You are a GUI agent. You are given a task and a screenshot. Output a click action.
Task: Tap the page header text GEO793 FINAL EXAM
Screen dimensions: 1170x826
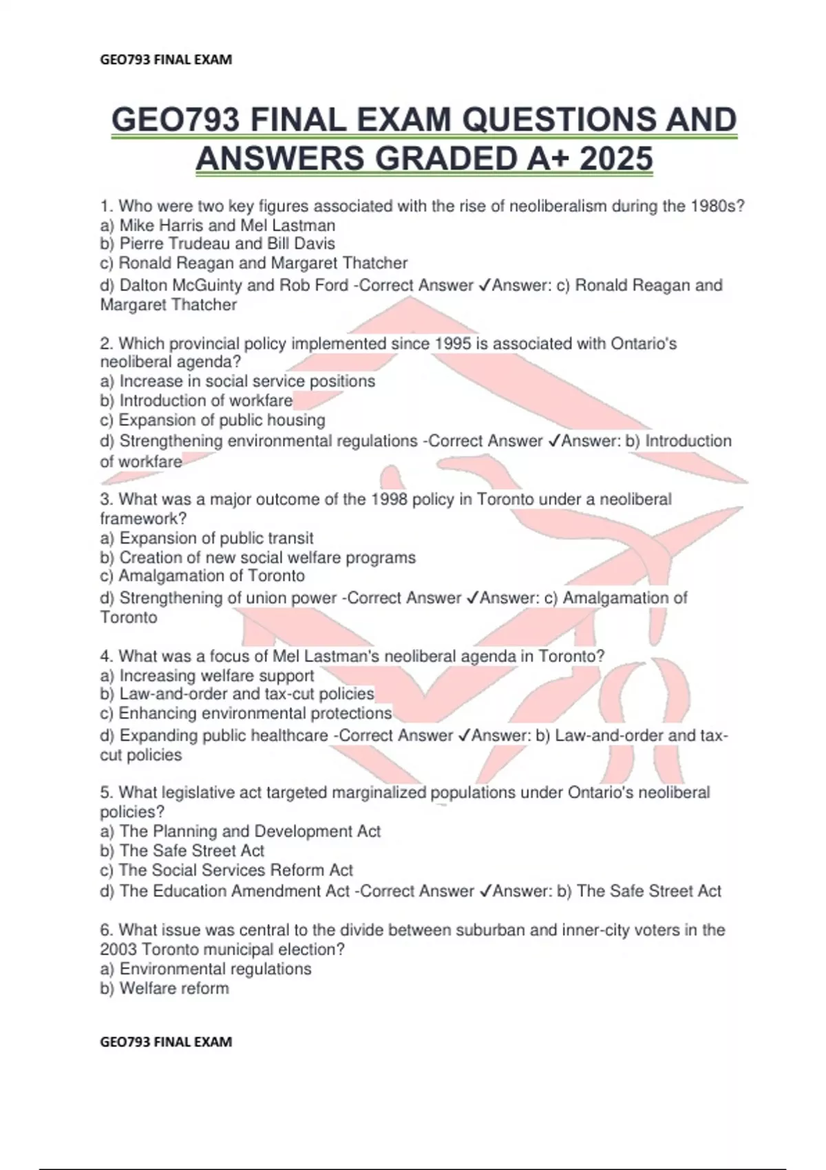click(x=166, y=60)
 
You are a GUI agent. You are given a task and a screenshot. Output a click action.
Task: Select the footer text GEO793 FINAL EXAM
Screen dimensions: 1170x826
click(x=166, y=1042)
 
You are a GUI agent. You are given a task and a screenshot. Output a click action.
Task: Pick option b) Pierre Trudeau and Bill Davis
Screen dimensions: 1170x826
click(x=218, y=244)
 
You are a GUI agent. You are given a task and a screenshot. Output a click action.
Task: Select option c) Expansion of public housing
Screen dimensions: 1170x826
click(x=213, y=420)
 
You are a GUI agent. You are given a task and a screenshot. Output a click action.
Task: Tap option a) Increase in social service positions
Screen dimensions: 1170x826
click(x=237, y=381)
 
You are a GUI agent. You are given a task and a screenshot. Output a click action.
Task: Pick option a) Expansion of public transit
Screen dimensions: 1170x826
click(x=206, y=538)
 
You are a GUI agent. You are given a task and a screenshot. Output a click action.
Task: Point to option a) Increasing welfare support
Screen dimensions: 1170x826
click(x=207, y=676)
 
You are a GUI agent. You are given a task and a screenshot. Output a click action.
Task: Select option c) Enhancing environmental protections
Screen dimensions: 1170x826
click(x=246, y=713)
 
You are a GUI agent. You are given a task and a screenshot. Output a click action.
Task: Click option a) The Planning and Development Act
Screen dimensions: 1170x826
click(x=240, y=831)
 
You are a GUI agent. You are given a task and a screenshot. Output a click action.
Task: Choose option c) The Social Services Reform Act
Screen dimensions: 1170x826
click(x=226, y=870)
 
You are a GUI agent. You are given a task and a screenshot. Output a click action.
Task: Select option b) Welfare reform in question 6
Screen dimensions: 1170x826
click(x=165, y=988)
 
